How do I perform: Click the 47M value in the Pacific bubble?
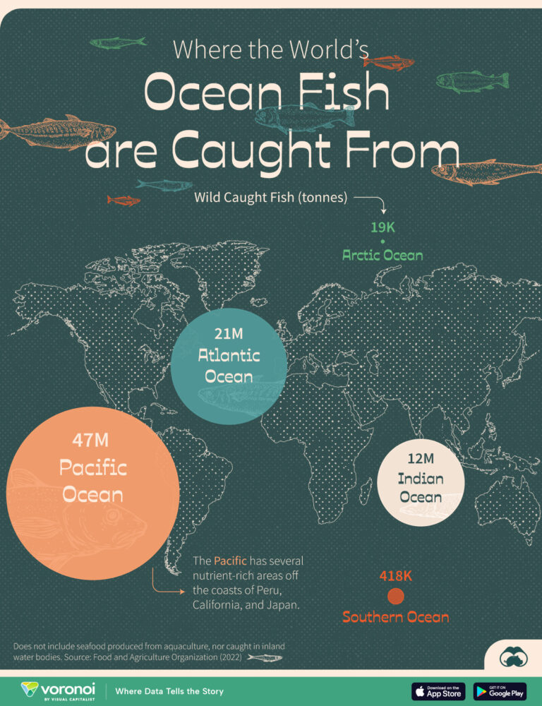[92, 441]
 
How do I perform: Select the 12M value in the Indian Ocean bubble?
[421, 460]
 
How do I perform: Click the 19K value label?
[383, 227]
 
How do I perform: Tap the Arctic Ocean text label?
[383, 255]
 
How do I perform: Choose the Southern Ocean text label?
[395, 617]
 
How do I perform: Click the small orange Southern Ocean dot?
[396, 597]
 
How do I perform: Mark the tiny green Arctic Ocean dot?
[383, 241]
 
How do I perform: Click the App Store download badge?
[438, 690]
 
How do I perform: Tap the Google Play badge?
[500, 690]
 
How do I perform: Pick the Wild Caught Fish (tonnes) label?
[271, 198]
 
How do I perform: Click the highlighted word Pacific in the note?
[230, 561]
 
